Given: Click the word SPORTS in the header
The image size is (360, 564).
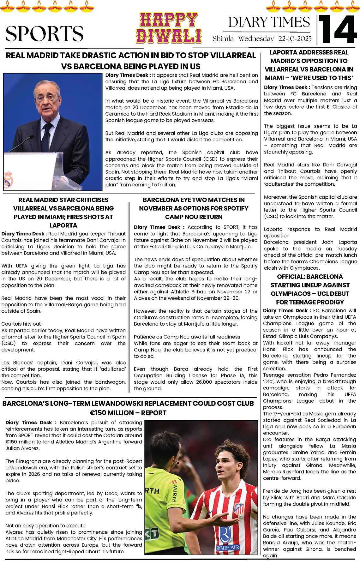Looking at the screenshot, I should point(45,33).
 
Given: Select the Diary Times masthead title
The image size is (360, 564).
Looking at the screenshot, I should point(269,22).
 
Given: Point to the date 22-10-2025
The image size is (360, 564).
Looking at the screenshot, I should point(295,39).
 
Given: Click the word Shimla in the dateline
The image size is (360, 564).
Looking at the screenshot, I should point(223,39).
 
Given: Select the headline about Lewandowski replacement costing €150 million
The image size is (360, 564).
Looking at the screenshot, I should point(128,408).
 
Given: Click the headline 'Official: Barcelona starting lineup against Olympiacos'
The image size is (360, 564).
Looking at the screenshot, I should point(310,289).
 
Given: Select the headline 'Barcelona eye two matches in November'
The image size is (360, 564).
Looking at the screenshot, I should point(194,208).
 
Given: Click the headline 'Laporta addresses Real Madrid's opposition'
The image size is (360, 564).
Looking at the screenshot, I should point(309,65).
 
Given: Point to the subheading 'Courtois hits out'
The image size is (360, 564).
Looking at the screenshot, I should point(21,324).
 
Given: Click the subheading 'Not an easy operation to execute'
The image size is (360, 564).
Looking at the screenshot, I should point(45,525).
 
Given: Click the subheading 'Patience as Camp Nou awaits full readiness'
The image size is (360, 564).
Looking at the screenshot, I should point(187,337).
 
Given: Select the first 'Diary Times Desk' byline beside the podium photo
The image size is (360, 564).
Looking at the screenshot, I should point(127,75).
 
